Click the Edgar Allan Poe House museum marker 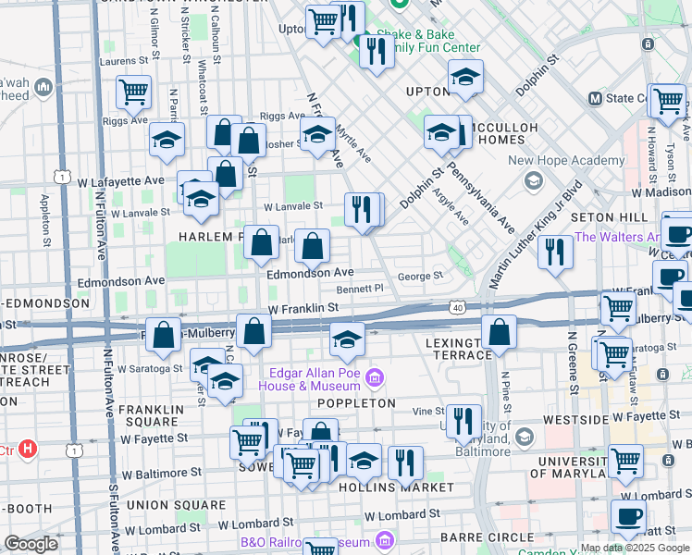[374, 377]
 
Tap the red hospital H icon [28, 450]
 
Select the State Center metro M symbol [595, 98]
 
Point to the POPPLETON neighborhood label [356, 404]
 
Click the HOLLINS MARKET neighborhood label [396, 487]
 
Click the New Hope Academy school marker [533, 179]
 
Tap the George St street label [420, 277]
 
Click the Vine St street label [428, 411]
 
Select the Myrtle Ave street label [352, 145]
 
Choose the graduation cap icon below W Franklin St [346, 341]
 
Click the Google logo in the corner [31, 544]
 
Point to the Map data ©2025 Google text [634, 548]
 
